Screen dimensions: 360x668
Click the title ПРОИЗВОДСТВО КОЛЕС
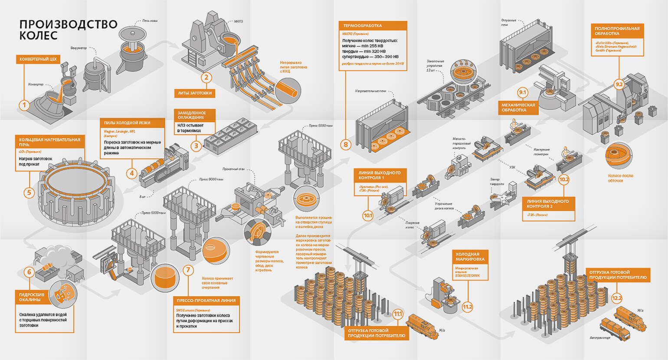(68, 29)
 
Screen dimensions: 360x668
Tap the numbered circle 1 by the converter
(25, 105)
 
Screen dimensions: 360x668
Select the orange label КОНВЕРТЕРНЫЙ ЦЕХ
(38, 59)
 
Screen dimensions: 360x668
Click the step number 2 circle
(206, 78)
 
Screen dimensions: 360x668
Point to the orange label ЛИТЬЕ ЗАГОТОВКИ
(195, 93)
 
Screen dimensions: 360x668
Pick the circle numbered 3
(196, 146)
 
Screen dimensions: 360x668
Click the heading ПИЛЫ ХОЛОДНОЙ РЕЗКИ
(127, 123)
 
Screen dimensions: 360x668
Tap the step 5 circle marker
(29, 192)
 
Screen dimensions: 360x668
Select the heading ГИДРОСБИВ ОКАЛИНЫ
(30, 297)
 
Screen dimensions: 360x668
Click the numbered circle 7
(188, 270)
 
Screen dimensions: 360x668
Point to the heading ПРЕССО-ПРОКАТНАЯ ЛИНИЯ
(206, 300)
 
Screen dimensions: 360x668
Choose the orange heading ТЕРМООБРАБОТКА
(362, 26)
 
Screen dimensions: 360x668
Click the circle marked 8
(346, 144)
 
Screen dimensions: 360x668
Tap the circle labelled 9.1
(522, 92)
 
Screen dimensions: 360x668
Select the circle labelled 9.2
(619, 85)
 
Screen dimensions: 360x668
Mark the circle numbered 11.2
(467, 307)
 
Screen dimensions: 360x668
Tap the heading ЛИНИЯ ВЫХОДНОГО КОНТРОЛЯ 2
(547, 204)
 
